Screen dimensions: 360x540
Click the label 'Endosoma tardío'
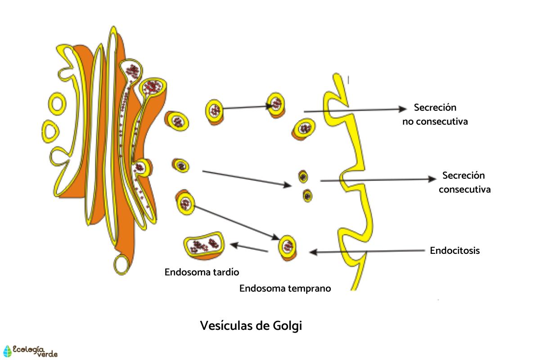pos(202,272)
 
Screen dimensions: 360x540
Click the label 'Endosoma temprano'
pos(285,288)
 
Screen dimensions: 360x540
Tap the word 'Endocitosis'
pos(454,251)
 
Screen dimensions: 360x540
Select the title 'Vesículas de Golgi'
pos(251,325)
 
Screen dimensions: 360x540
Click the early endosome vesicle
pos(288,247)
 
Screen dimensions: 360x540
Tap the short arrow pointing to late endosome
pos(249,247)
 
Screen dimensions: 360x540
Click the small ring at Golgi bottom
pos(122,264)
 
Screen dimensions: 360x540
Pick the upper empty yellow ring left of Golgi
pos(57,104)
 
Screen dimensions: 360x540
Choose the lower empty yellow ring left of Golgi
pos(50,129)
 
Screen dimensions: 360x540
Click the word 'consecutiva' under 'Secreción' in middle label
pos(464,189)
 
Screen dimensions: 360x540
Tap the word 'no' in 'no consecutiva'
pos(408,121)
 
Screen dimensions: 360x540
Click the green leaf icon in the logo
pos(8,351)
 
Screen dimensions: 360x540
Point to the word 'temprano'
pos(310,288)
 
